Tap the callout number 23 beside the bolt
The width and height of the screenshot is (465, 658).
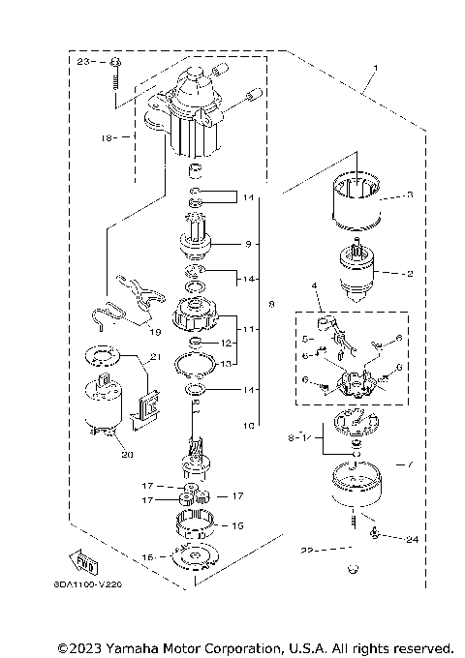tap(84, 61)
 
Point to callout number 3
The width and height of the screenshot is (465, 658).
tap(409, 194)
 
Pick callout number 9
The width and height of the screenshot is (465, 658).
tap(247, 243)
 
